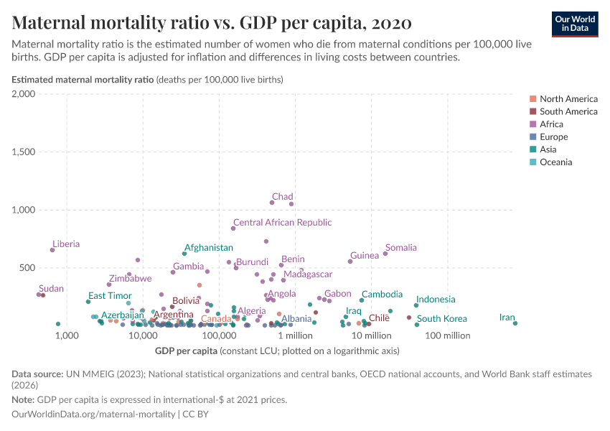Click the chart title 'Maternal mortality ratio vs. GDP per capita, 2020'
(x=212, y=23)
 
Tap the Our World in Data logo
(x=574, y=23)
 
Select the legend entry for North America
(x=568, y=99)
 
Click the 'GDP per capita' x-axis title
(x=186, y=351)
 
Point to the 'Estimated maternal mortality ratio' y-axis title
(x=83, y=80)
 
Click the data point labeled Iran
(x=515, y=323)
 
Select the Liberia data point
(x=52, y=250)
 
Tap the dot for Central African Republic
(x=233, y=228)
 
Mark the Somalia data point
(x=385, y=254)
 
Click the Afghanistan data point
(x=184, y=254)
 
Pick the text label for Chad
(x=282, y=197)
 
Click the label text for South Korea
(x=441, y=319)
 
